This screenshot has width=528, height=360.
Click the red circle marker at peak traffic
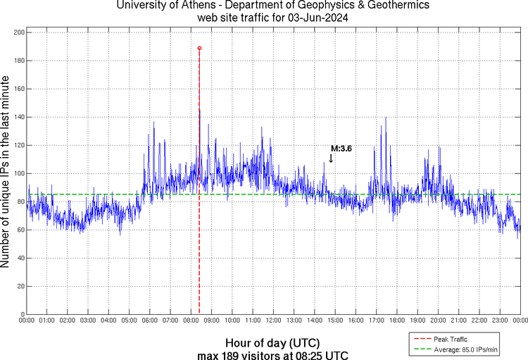[199, 48]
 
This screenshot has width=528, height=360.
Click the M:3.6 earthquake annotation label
[341, 149]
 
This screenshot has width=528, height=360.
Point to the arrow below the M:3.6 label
[331, 159]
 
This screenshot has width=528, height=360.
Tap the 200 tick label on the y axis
[19, 32]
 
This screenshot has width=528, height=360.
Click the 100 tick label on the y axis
[19, 173]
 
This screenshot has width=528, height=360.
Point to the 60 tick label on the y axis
[20, 230]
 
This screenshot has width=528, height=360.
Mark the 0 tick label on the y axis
[23, 314]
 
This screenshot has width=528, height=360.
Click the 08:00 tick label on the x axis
[191, 321]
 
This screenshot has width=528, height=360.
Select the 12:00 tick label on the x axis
[273, 321]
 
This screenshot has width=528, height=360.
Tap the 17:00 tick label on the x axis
[376, 321]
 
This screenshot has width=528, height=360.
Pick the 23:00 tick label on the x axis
[499, 321]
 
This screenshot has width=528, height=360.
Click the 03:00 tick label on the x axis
[88, 321]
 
